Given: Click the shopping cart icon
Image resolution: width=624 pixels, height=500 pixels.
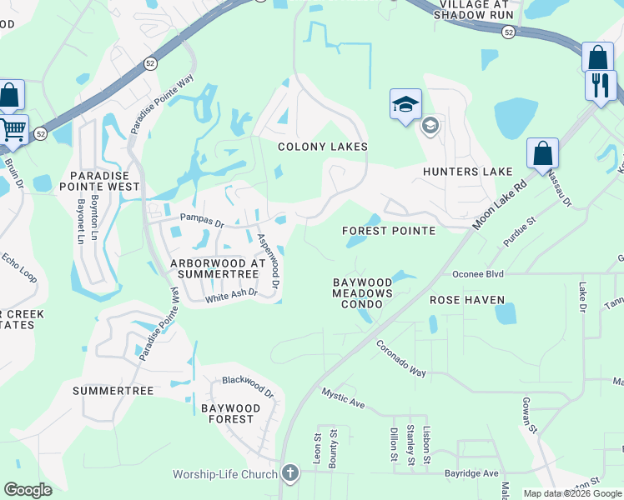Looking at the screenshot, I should point(13,129).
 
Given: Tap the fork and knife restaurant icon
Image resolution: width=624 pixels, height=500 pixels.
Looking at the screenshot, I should point(601,85).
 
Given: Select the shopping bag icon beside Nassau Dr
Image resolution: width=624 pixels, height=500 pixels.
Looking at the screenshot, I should point(542,153).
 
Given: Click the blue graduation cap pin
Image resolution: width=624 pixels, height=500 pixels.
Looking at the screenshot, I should point(405,104).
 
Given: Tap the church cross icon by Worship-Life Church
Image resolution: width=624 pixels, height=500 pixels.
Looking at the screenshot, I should point(289,474).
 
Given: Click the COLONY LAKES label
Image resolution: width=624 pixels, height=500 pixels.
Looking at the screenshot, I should point(322,147).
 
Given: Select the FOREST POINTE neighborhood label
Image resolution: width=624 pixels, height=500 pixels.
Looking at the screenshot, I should point(389,231).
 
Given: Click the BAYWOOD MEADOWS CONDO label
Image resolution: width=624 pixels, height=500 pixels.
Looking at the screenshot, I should point(362,293).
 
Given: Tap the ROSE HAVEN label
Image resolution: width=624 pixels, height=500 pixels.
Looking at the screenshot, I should point(466,300).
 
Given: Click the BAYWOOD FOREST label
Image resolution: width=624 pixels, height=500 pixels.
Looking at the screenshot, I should point(230,413).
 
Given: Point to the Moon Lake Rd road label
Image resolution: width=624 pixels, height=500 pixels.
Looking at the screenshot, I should point(500,204).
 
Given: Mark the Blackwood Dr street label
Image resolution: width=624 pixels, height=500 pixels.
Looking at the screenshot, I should point(248,385).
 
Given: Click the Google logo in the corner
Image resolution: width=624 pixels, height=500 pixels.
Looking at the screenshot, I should point(28,490).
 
